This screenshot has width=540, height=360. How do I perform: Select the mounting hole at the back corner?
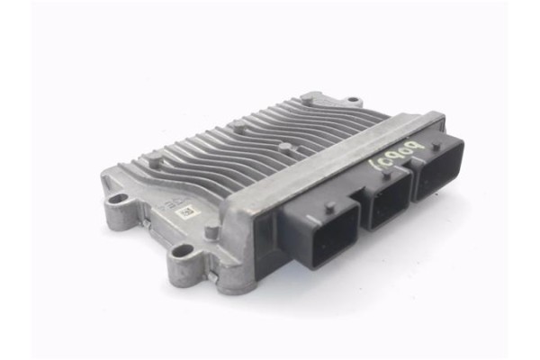click(x=352, y=101)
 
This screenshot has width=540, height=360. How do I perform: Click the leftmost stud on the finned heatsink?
click(x=154, y=161)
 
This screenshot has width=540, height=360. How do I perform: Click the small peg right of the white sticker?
click(x=211, y=231)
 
